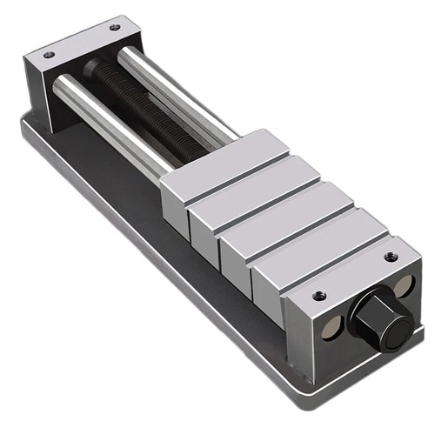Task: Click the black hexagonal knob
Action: click(x=380, y=318)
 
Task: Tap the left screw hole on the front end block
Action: click(x=318, y=295)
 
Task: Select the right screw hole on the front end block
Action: click(x=389, y=258)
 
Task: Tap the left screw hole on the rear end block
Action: click(x=49, y=55)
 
